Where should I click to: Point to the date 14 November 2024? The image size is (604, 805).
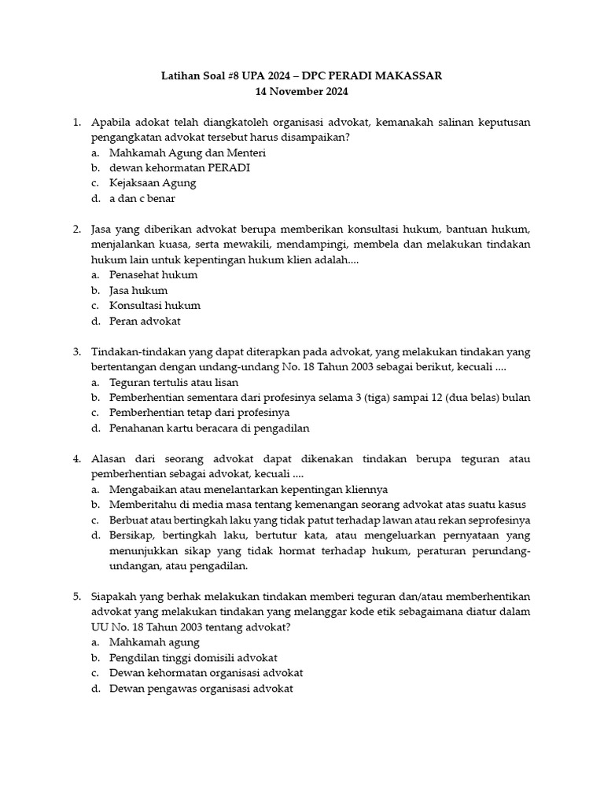pos(301,91)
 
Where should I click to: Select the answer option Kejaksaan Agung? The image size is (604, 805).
pos(153,183)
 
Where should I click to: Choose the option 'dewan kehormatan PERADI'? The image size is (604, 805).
pos(180,167)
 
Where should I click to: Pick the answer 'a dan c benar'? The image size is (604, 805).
pos(142,198)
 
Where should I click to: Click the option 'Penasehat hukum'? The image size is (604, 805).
pos(153,275)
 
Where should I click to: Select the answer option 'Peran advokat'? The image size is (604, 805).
pos(145,321)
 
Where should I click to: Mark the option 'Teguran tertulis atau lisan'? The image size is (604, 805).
pos(174,382)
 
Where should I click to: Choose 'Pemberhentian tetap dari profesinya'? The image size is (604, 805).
pos(200,413)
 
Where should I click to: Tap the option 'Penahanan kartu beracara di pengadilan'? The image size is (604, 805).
pos(209,428)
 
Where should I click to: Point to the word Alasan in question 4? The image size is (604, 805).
pos(111,459)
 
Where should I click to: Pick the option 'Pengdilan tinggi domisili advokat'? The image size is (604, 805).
pos(193,658)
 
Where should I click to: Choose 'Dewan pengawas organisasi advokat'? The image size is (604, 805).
pos(201,689)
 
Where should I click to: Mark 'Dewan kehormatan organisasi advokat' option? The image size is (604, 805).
pos(206,673)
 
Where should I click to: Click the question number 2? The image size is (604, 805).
pos(77,230)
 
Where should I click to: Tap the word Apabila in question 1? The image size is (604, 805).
pos(112,122)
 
